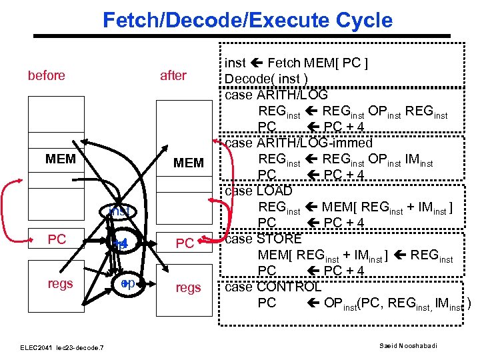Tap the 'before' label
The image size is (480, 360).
pyautogui.click(x=47, y=75)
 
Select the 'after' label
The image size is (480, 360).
pyautogui.click(x=173, y=75)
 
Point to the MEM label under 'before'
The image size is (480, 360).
pyautogui.click(x=60, y=160)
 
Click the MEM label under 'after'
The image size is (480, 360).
pyautogui.click(x=189, y=163)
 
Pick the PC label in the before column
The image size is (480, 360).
pyautogui.click(x=57, y=239)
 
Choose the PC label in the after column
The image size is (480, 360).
pyautogui.click(x=185, y=244)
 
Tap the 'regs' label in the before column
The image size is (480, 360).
pyautogui.click(x=60, y=283)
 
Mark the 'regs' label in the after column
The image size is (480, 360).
pyautogui.click(x=187, y=287)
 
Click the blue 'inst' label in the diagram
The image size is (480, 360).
pyautogui.click(x=119, y=212)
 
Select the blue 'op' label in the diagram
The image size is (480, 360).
pyautogui.click(x=128, y=283)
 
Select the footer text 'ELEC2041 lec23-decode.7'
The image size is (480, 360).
pyautogui.click(x=61, y=347)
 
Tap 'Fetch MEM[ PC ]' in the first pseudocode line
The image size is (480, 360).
pyautogui.click(x=319, y=64)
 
